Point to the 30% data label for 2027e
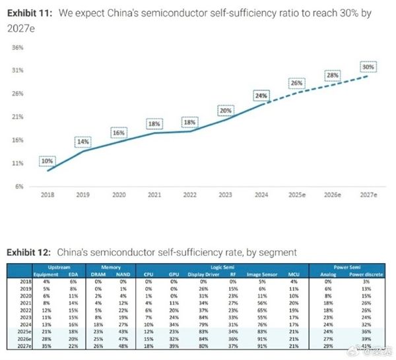pos(368,66)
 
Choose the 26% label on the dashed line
pos(298,84)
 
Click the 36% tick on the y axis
pos(18,47)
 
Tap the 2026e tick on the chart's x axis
pos(333,196)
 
